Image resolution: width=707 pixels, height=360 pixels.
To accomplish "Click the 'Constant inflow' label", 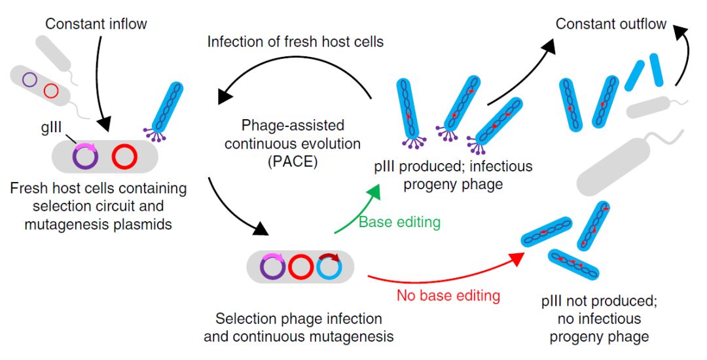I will (x=96, y=25).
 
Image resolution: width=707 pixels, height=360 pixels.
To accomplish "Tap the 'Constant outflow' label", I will (x=611, y=24).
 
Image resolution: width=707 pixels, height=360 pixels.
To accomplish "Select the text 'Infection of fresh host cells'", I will (x=295, y=42).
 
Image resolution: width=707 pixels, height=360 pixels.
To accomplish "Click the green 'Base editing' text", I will (x=399, y=222).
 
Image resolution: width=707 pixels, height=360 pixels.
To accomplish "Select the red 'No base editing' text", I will (x=448, y=295).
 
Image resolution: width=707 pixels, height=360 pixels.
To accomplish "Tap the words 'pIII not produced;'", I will (x=598, y=302).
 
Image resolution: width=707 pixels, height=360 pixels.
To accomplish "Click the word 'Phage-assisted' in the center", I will (x=283, y=124).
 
